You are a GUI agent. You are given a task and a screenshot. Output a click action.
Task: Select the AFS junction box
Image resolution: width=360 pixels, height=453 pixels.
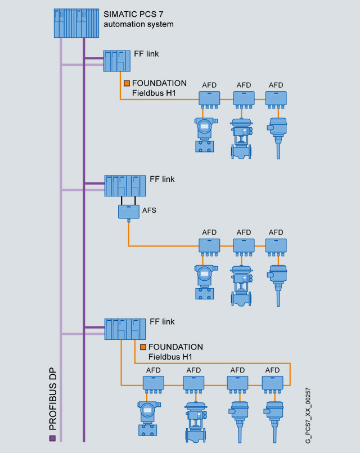(128, 212)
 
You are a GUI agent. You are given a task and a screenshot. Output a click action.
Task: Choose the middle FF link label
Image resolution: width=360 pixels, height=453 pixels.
(162, 179)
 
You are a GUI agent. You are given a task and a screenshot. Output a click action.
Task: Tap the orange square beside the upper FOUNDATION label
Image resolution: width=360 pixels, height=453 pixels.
(127, 83)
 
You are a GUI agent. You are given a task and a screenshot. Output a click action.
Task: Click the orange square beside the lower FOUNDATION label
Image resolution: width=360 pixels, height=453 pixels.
(143, 347)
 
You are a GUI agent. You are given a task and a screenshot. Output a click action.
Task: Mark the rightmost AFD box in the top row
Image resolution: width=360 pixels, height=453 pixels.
(276, 98)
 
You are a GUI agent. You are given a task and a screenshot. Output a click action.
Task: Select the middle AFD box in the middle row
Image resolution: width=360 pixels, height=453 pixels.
(244, 245)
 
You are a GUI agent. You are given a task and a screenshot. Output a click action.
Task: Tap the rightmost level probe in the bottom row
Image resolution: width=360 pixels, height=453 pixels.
(274, 416)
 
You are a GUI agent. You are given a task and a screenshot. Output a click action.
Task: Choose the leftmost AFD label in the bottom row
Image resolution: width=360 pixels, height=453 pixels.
(154, 370)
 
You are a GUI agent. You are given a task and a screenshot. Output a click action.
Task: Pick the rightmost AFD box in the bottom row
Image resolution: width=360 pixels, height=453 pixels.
(272, 384)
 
